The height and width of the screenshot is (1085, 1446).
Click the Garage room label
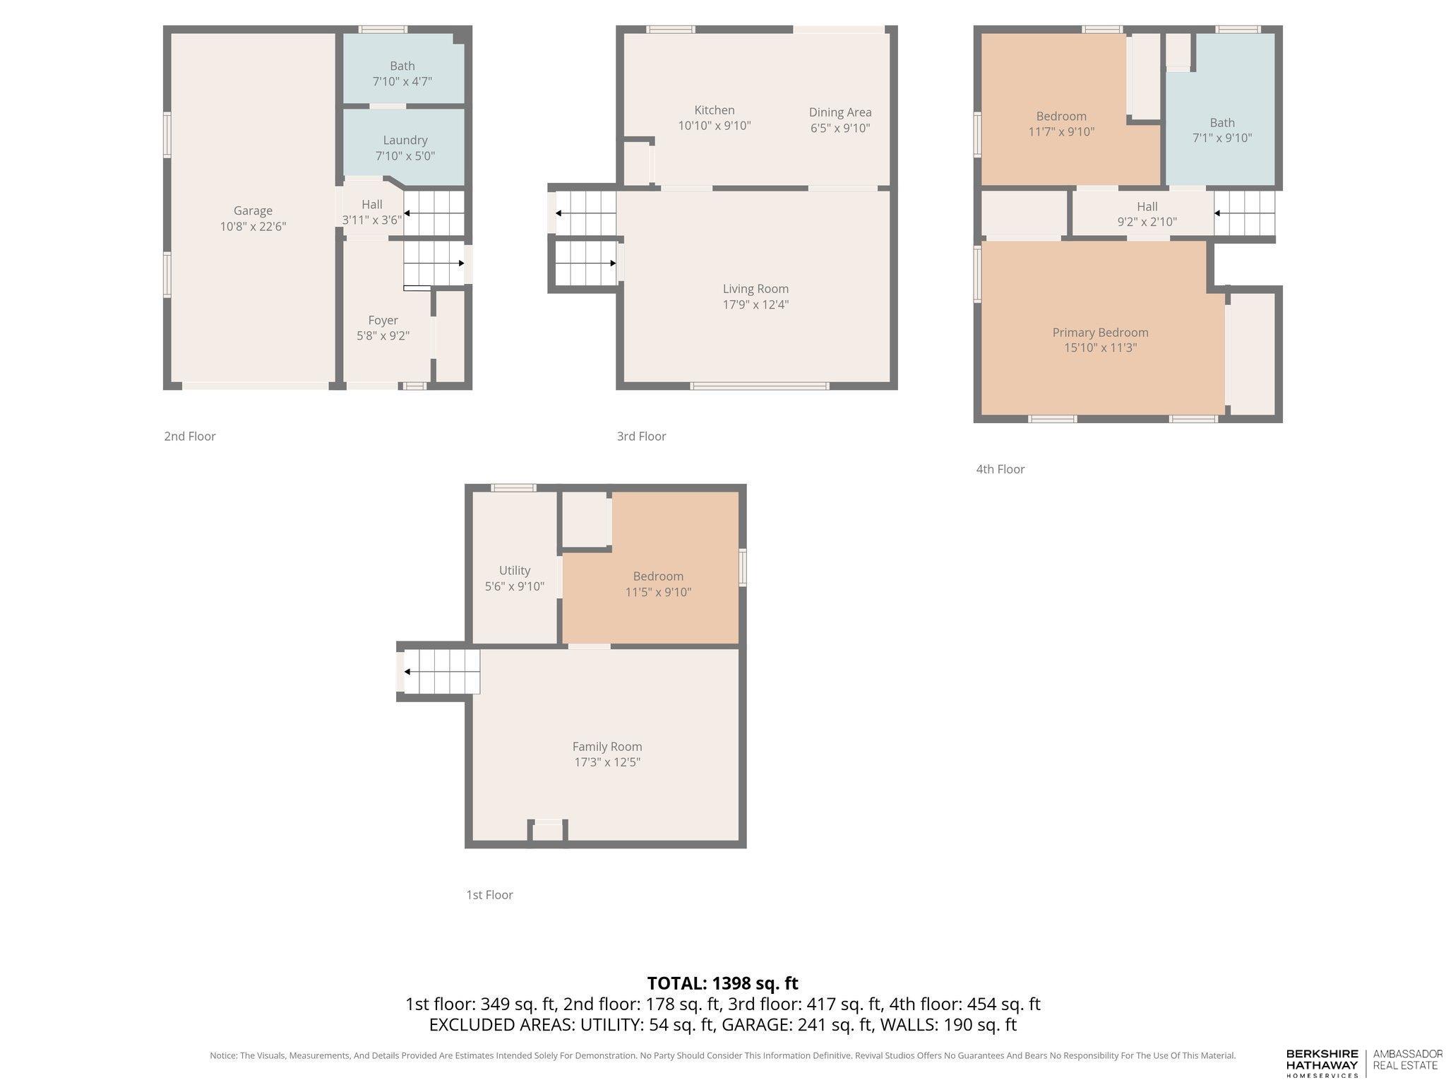(x=253, y=211)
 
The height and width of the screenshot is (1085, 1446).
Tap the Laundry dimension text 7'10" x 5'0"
(x=405, y=156)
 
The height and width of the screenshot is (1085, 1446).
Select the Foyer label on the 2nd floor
(x=383, y=320)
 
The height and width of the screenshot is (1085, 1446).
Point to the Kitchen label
(x=715, y=110)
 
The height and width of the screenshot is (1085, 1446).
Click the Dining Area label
(x=840, y=112)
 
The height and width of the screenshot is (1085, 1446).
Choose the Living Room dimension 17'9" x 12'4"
(x=755, y=304)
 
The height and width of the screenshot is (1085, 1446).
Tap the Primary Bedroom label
(x=1100, y=333)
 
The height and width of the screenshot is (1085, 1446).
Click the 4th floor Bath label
(x=1222, y=123)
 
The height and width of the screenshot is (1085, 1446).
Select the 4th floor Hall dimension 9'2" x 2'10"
(x=1147, y=222)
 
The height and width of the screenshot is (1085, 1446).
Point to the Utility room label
(x=514, y=571)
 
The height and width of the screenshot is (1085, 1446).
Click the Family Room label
(x=607, y=747)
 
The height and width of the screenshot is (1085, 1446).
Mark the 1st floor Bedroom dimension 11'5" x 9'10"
(x=658, y=592)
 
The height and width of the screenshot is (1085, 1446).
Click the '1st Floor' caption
(x=489, y=895)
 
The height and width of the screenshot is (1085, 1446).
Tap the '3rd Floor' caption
(x=641, y=437)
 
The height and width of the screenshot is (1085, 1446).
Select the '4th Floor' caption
(x=1000, y=469)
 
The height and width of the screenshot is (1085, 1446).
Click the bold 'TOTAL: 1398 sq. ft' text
(x=722, y=983)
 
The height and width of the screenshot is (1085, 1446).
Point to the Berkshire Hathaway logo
(x=1322, y=1062)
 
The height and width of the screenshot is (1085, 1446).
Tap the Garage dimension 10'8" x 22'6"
(x=253, y=227)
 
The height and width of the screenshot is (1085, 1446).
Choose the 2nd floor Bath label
(x=402, y=66)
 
